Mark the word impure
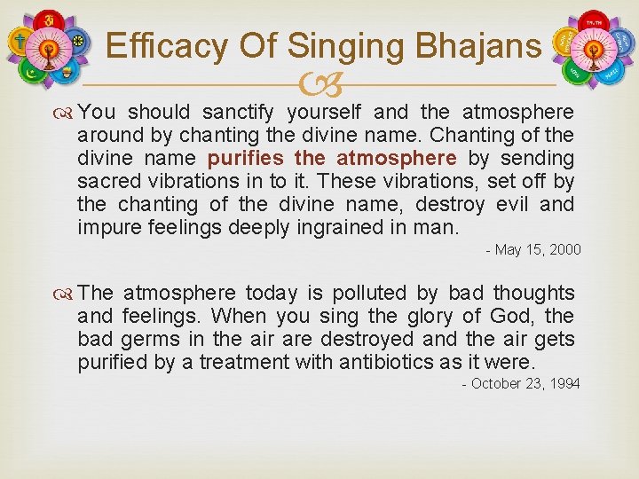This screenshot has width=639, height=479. click(106, 228)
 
